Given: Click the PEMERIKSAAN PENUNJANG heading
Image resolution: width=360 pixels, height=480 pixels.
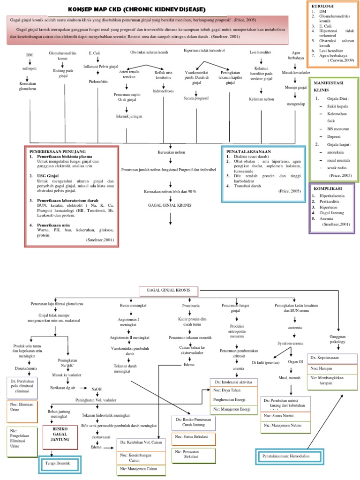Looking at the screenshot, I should click(57, 152).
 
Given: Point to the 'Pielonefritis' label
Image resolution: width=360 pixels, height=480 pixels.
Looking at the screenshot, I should click(98, 81).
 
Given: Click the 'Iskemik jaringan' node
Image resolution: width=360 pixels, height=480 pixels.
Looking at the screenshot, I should click(129, 116).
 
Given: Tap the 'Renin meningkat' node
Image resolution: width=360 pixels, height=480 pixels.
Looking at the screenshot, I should click(134, 306).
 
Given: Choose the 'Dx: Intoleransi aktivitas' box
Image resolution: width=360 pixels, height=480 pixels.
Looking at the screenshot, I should click(232, 382).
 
